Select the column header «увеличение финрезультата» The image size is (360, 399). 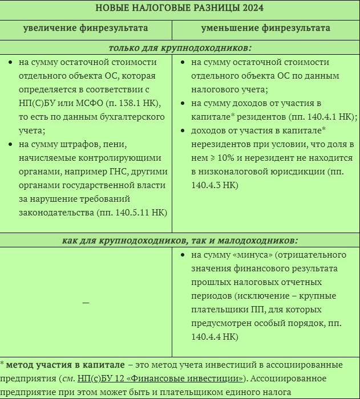86,28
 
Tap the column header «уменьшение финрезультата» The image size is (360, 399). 266,28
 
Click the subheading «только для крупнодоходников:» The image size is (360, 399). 180,48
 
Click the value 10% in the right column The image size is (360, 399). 225,158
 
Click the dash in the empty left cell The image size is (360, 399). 86,302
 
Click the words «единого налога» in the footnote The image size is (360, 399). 262,392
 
